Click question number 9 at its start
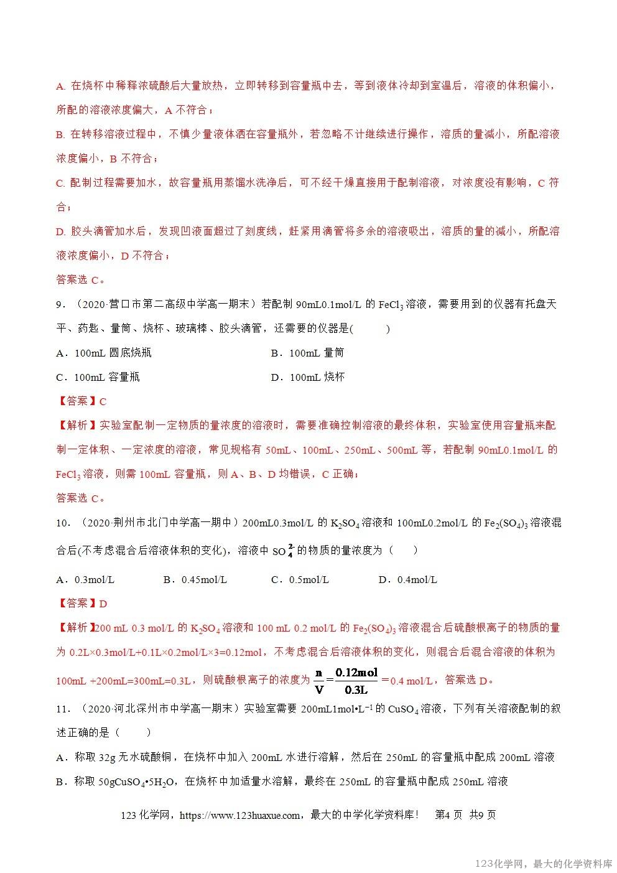click(60, 304)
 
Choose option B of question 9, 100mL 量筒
click(307, 353)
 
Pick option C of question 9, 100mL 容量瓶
click(98, 377)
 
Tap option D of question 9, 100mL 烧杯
click(307, 377)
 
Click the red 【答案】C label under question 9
click(81, 401)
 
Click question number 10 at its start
click(63, 523)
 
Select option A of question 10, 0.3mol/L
click(85, 580)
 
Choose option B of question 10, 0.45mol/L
click(195, 580)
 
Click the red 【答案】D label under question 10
click(81, 604)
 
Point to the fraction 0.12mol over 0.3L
click(356, 680)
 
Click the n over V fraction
click(320, 680)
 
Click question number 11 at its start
click(63, 709)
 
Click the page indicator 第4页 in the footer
click(448, 815)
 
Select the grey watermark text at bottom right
click(544, 864)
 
